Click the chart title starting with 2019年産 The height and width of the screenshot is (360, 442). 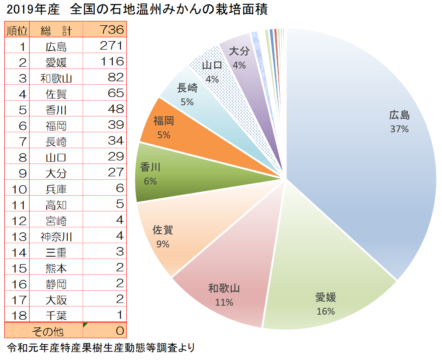137,10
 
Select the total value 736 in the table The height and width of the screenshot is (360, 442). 111,30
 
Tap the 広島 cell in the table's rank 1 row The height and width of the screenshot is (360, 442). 56,46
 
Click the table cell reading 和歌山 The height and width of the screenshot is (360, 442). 56,78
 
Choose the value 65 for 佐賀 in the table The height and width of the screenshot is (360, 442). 116,93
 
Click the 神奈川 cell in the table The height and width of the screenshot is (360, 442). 56,236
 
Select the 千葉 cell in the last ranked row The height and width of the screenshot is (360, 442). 56,316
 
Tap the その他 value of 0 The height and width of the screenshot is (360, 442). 119,331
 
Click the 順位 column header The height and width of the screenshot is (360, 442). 17,30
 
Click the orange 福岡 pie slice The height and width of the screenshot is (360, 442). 180,128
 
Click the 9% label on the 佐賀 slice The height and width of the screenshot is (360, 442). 163,244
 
